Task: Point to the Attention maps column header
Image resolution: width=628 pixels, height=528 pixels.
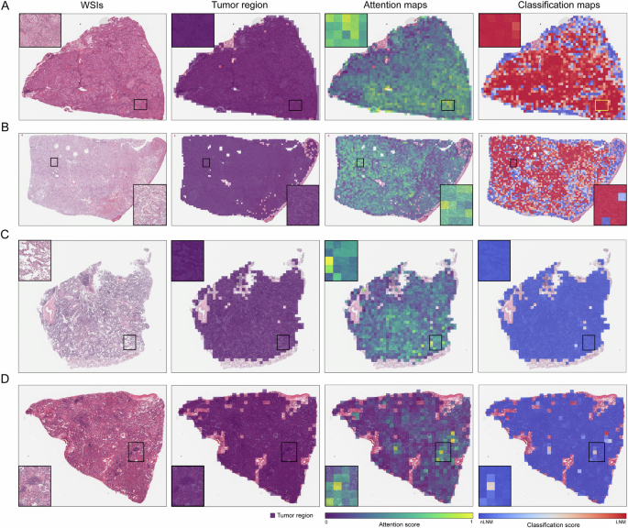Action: coord(398,6)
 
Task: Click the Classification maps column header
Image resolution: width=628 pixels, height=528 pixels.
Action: coord(551,6)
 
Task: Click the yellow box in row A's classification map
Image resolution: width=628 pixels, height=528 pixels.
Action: coord(601,105)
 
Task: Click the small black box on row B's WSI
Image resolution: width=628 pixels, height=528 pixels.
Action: coord(54,161)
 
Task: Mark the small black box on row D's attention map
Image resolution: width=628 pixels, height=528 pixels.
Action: coord(444,452)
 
